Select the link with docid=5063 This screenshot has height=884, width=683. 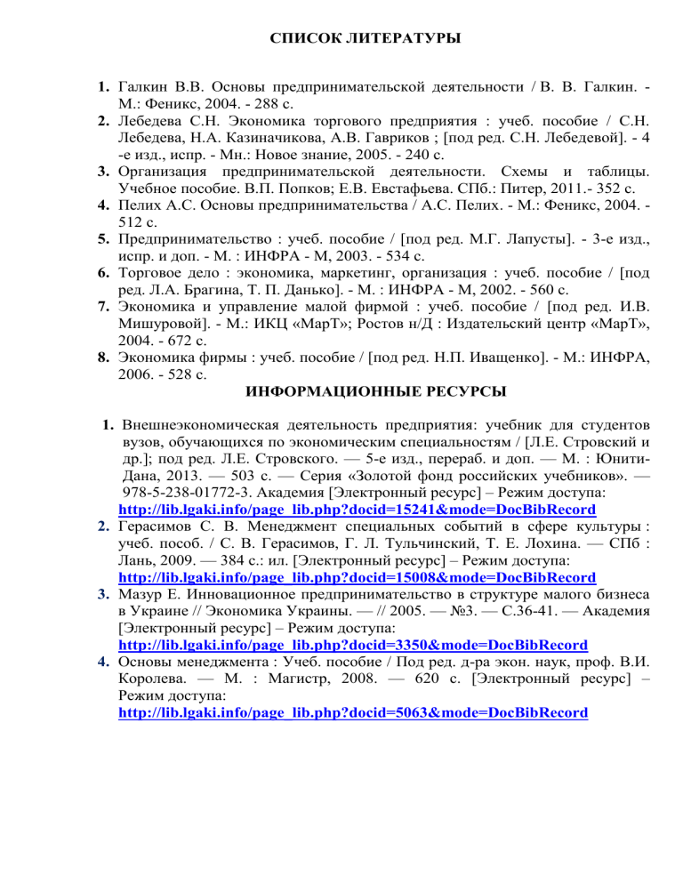[352, 712]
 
